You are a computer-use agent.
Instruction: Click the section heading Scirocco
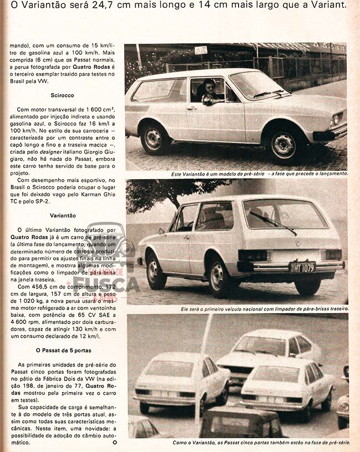click(x=62, y=95)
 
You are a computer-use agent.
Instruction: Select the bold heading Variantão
click(x=63, y=215)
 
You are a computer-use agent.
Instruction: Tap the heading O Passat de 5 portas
click(x=63, y=350)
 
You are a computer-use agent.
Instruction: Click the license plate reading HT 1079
click(x=302, y=267)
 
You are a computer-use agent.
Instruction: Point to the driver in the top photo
click(x=209, y=92)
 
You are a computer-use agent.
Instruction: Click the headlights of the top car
click(x=336, y=119)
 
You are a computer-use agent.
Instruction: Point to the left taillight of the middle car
click(x=252, y=255)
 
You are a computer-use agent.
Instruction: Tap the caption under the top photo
click(x=260, y=174)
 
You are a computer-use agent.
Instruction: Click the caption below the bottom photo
click(x=260, y=443)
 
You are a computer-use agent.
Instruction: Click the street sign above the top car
click(x=201, y=50)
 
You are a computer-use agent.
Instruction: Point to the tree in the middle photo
click(x=166, y=191)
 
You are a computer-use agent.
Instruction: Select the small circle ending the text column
click(x=115, y=443)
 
